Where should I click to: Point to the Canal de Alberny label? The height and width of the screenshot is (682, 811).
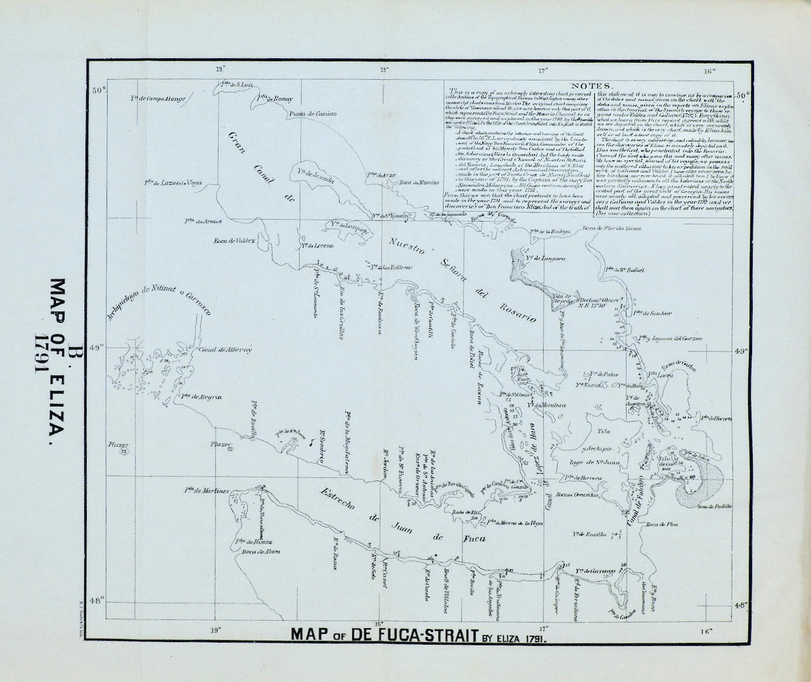click(226, 349)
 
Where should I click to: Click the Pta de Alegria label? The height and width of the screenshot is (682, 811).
click(201, 397)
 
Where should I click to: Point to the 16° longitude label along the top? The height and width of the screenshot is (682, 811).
click(709, 71)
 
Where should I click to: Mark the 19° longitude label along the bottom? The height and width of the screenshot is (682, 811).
click(217, 630)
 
